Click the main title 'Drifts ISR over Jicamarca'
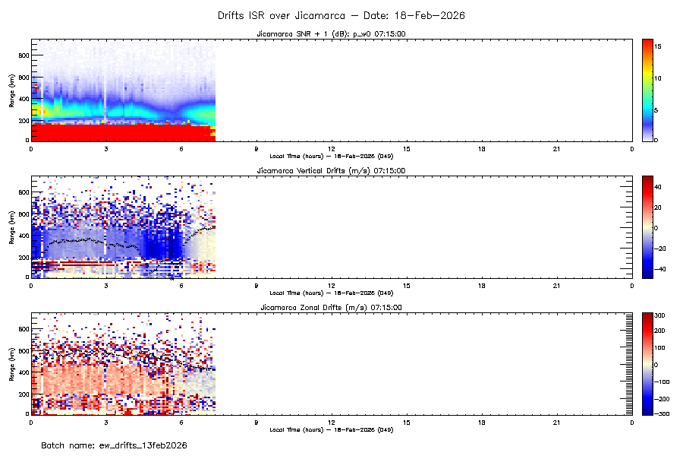click(341, 15)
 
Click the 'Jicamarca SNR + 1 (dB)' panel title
click(331, 34)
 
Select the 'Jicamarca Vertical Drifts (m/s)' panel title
click(331, 171)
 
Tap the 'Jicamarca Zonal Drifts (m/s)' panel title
click(331, 308)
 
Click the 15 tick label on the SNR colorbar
click(659, 46)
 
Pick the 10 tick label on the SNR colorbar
click(659, 78)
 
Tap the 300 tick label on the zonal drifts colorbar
click(660, 315)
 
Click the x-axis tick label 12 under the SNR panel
click(332, 147)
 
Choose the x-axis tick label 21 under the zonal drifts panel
click(557, 421)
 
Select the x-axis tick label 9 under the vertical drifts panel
click(257, 284)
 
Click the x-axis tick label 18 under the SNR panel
click(482, 147)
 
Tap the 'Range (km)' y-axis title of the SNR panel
click(11, 90)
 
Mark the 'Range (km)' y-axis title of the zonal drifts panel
click(11, 363)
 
